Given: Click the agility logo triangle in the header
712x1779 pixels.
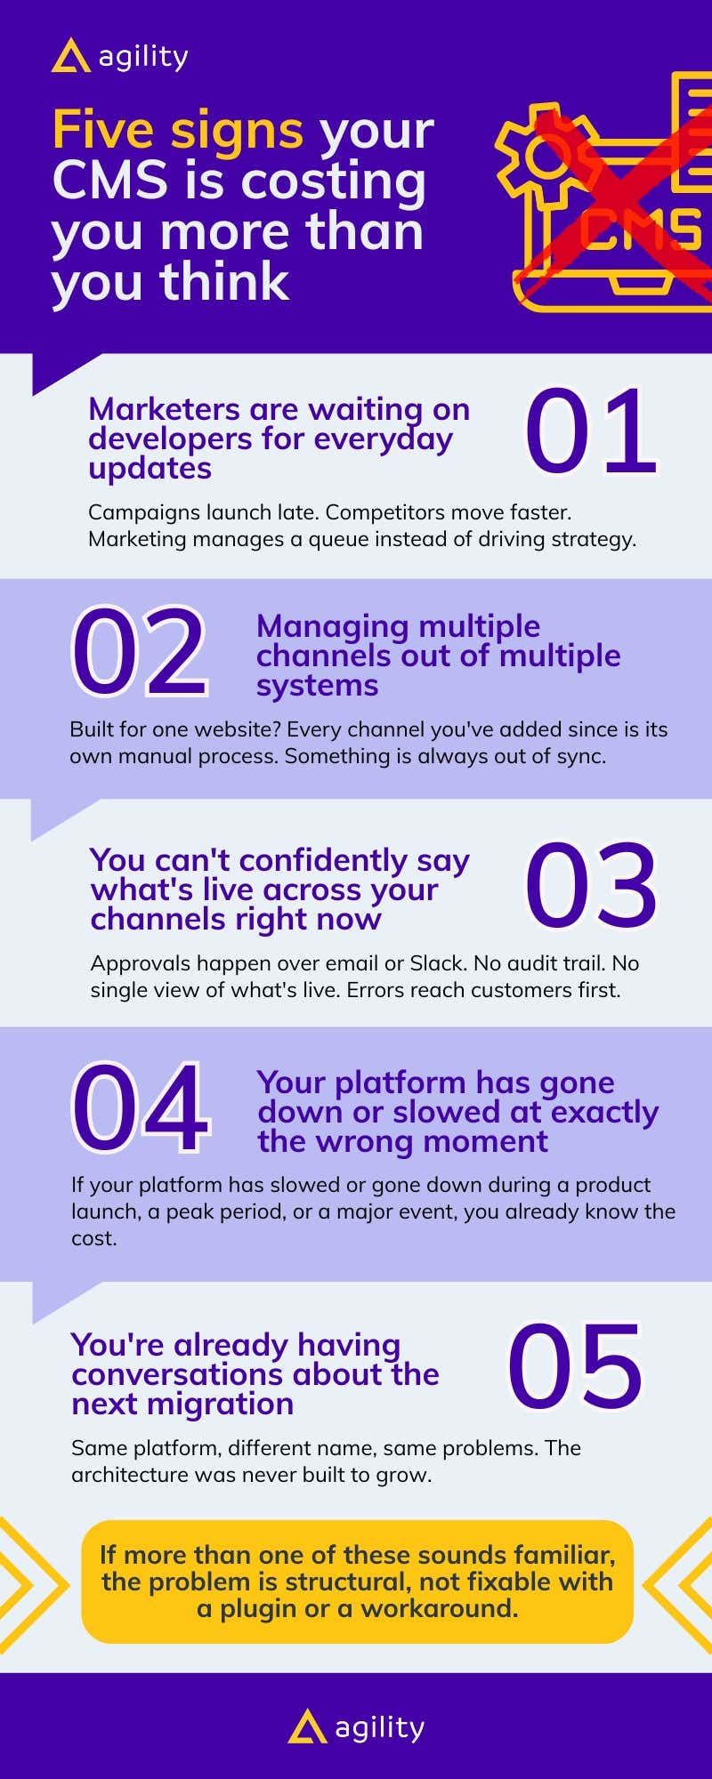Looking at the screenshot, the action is tap(70, 56).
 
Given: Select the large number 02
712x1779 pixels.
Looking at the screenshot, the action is tap(140, 651).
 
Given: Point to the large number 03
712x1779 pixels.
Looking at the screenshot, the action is tap(591, 885).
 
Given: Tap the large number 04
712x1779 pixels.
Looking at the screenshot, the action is tap(141, 1107).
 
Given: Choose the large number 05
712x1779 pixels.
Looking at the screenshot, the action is tap(575, 1366).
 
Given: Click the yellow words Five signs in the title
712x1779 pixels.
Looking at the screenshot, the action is tap(178, 131).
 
